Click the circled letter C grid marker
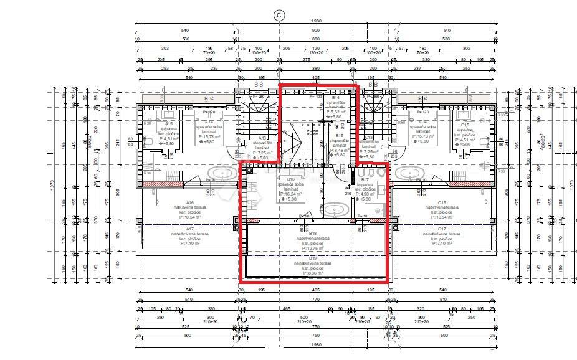pos(279,15)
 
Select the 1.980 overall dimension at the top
pos(316,22)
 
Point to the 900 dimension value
pos(316,31)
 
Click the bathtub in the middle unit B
pos(335,209)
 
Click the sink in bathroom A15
pos(168,115)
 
